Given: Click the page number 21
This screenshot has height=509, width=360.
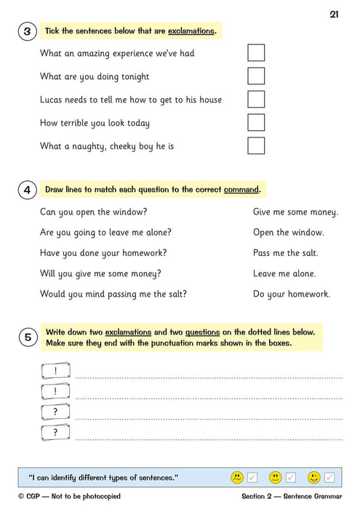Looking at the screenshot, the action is point(334,14).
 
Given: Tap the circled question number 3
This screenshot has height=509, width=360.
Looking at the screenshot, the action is point(27,31).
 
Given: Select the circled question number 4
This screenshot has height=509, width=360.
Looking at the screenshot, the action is point(27,191).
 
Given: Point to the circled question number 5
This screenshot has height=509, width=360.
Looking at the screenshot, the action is point(27,337).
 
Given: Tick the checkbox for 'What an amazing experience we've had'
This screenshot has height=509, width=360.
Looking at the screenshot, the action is point(256,53).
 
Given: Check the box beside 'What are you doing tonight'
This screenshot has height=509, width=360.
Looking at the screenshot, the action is point(256,76).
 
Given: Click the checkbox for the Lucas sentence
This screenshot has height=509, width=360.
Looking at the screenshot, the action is point(256,100).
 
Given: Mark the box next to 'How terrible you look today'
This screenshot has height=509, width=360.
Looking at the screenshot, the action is point(256,123).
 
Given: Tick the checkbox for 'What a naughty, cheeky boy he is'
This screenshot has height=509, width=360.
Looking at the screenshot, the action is point(256,146).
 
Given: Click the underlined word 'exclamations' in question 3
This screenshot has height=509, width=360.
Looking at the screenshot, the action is point(191,31).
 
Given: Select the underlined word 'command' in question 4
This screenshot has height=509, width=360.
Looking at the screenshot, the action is point(241,190).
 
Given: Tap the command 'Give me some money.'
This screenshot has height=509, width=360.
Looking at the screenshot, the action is point(295,212).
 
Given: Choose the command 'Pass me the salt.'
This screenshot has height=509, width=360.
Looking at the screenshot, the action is point(285,253).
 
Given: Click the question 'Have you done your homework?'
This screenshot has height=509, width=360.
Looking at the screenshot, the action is point(103,253).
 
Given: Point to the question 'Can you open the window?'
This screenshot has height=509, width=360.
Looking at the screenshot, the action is point(94,212).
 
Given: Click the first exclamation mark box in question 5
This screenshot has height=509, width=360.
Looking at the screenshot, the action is point(55,372).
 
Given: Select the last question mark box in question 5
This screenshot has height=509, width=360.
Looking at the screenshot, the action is point(55,433).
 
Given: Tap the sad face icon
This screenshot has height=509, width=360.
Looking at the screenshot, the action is point(237,478).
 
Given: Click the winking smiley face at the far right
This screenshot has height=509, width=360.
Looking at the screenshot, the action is point(313,478).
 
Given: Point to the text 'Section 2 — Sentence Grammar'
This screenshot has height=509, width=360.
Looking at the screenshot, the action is point(292,497).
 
